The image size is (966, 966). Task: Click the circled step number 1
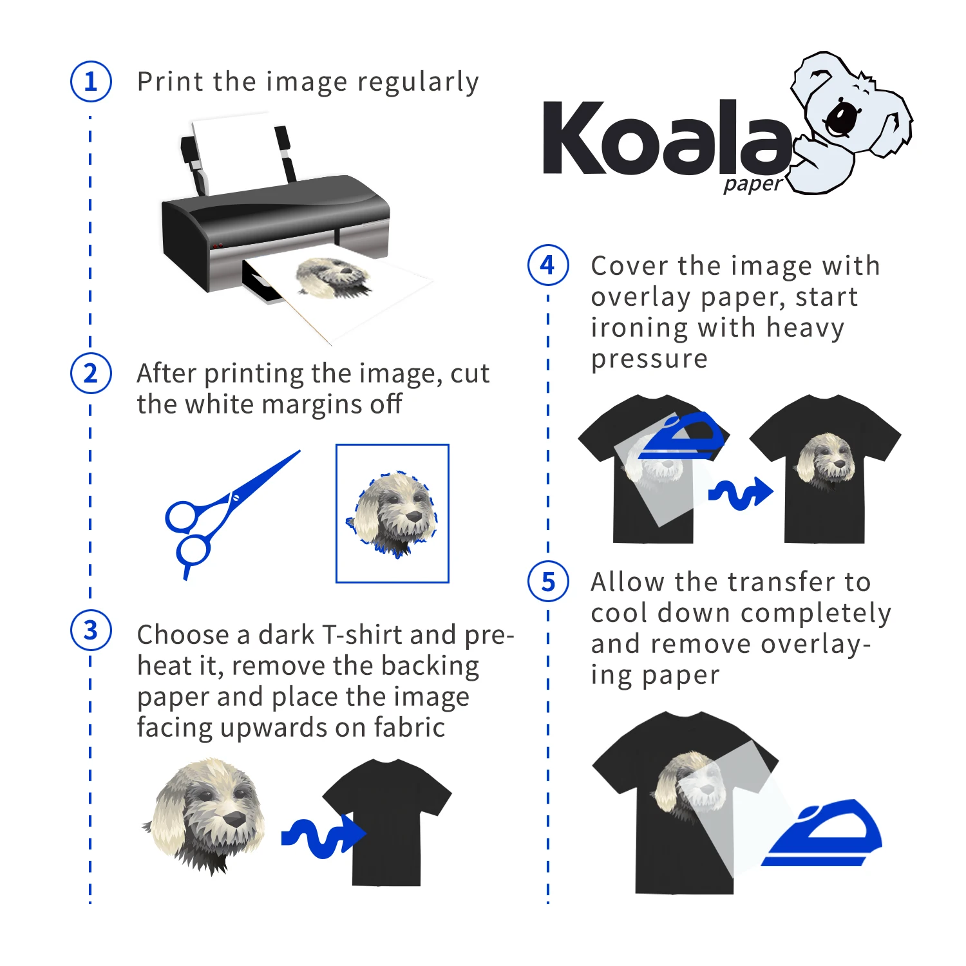pyautogui.click(x=91, y=82)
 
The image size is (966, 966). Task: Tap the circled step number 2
pyautogui.click(x=91, y=374)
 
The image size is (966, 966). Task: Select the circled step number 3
pyautogui.click(x=91, y=630)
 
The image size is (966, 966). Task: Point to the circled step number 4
pyautogui.click(x=548, y=265)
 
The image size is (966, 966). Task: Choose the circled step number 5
pyautogui.click(x=548, y=582)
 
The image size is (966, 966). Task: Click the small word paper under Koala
pyautogui.click(x=752, y=185)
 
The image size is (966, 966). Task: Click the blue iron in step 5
pyautogui.click(x=824, y=834)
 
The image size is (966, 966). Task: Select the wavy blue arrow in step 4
pyautogui.click(x=741, y=493)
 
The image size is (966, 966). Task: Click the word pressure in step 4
pyautogui.click(x=649, y=359)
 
